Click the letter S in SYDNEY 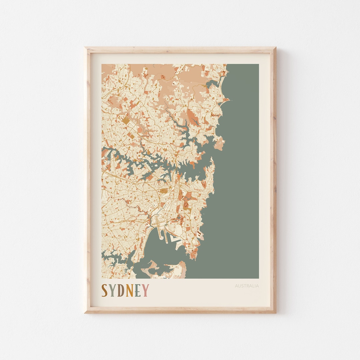(104, 290)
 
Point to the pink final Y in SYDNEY (146, 290)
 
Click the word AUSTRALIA (247, 286)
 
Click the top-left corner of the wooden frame (85, 48)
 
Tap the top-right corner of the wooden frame (275, 48)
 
